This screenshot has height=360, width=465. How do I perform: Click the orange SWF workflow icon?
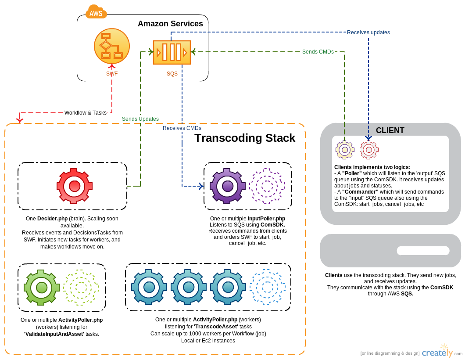point(112,46)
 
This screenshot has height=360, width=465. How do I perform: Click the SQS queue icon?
point(172,52)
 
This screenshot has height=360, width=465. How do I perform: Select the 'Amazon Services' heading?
point(170,24)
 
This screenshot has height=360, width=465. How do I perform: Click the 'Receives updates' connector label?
point(368,32)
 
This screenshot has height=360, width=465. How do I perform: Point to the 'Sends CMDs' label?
point(318,52)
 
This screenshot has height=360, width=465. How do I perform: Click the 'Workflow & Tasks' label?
point(86,113)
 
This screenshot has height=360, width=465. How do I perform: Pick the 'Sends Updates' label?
point(140,119)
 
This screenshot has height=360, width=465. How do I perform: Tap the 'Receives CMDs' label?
point(182,128)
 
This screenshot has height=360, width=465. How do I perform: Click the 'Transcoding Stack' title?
point(245,138)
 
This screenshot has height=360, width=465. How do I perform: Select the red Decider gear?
point(75,186)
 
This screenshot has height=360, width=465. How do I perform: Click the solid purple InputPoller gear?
point(228,186)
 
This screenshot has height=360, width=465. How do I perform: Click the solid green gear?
point(42,288)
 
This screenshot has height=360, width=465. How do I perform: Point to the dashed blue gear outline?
point(268,287)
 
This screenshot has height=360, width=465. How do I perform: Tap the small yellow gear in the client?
point(345,150)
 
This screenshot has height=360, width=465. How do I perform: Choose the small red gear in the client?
point(369,150)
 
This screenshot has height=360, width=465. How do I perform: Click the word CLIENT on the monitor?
point(390,130)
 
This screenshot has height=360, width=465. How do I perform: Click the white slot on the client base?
point(423,251)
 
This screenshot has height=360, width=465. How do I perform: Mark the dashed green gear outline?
point(81,288)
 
